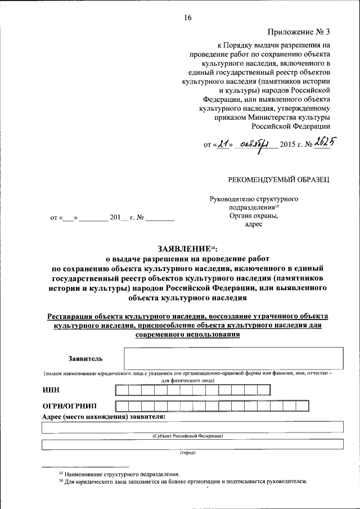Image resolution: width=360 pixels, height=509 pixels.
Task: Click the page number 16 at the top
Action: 188,17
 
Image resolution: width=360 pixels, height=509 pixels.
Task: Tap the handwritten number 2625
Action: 319,144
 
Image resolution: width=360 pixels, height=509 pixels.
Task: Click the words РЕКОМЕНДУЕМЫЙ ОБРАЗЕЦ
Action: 278,179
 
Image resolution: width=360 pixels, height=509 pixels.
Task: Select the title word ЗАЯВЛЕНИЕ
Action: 182,249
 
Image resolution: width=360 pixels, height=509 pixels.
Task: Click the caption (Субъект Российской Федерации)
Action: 188,436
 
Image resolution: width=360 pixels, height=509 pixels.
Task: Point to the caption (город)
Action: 187,452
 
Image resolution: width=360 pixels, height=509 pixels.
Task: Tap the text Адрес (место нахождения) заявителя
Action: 103,417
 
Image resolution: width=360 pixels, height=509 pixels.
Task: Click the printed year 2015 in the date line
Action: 287,146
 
